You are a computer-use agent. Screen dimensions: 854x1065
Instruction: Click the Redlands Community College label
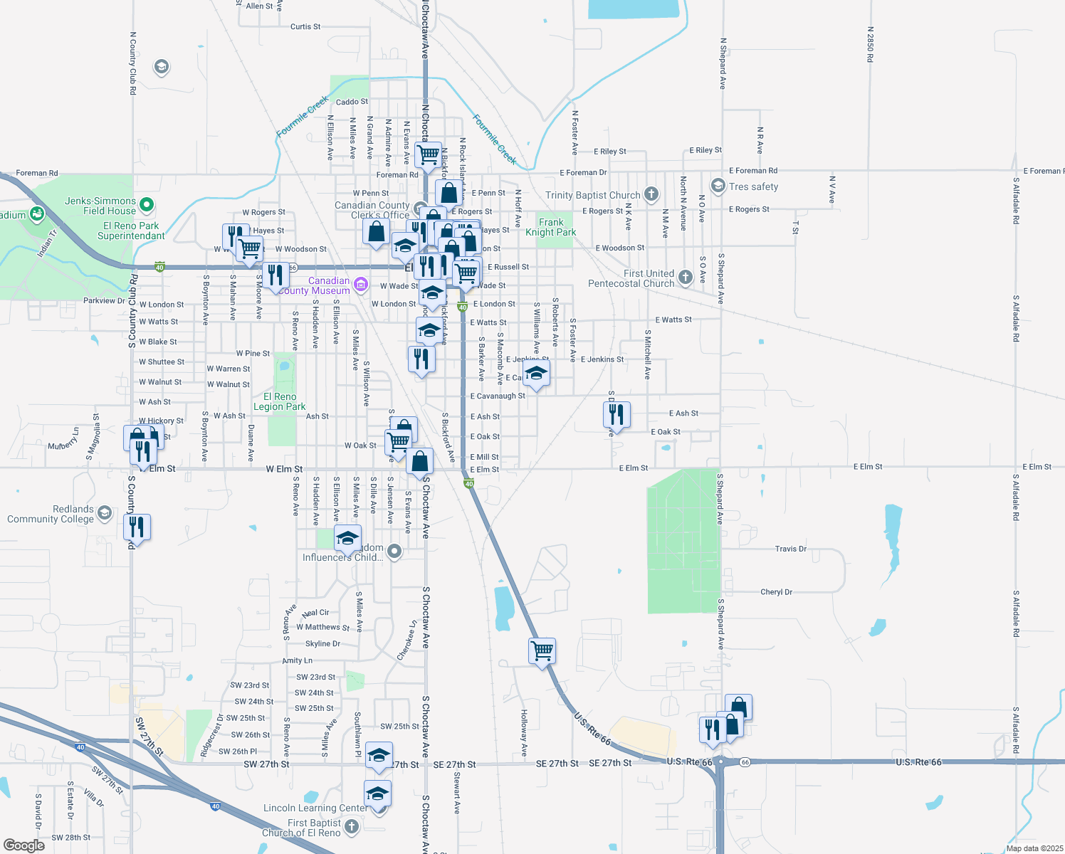pos(51,514)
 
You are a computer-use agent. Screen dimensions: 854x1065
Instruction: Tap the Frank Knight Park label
pos(551,227)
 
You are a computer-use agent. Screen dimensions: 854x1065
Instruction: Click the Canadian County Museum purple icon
pos(361,285)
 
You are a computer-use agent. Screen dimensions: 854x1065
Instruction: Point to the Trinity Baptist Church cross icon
pos(651,194)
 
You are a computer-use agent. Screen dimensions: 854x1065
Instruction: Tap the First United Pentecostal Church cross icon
pos(685,278)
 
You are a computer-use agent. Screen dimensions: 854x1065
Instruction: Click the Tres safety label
pos(753,186)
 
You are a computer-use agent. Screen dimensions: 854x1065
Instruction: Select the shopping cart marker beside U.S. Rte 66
pos(542,650)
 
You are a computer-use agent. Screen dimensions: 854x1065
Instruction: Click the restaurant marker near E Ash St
pos(617,414)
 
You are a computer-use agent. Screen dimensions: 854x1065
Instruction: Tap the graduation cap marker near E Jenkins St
pos(536,373)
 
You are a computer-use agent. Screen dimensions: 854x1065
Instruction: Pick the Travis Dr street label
pos(790,549)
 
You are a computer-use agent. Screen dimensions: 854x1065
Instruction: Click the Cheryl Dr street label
pos(776,591)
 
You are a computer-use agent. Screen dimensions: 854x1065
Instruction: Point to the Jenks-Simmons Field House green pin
pos(147,205)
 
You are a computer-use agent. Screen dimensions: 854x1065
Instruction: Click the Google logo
pos(23,845)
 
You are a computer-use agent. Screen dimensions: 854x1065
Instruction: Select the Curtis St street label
pos(305,26)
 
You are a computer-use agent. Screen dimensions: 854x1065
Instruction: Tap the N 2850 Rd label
pos(870,44)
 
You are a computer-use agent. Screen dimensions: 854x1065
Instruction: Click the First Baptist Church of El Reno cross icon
pos(352,826)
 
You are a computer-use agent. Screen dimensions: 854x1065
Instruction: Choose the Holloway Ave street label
pos(524,732)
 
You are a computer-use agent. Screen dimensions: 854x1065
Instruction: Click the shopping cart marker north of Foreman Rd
pos(429,154)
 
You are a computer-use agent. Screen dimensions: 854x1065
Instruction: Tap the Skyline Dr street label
pos(322,643)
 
